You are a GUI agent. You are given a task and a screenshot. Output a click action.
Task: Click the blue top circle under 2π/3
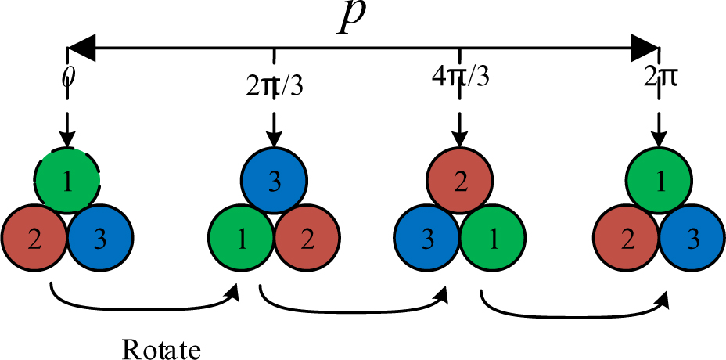(273, 182)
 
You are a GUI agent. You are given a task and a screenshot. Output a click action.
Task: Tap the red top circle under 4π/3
(460, 182)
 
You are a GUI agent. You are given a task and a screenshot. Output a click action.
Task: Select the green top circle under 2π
(660, 182)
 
